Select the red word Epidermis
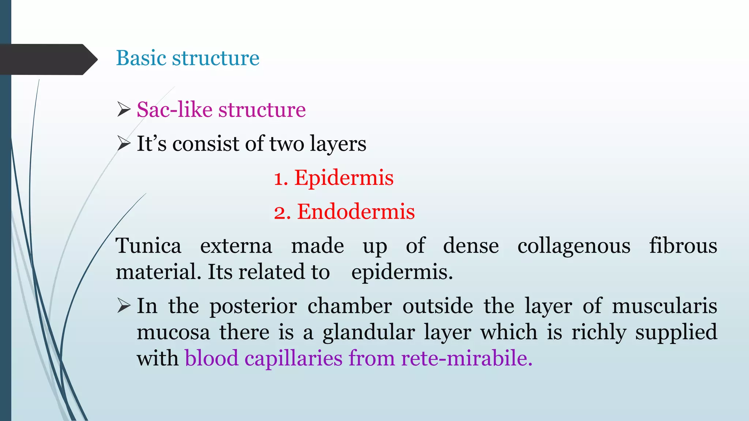344,178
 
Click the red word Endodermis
356,212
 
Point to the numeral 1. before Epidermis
281,179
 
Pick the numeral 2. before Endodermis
282,213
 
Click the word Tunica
148,246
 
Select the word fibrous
683,246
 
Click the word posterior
253,306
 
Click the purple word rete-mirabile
467,358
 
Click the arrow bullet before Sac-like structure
124,110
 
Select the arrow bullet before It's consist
124,143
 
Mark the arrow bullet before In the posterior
124,306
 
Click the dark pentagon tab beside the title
48,60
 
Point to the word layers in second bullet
338,144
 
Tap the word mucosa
173,333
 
